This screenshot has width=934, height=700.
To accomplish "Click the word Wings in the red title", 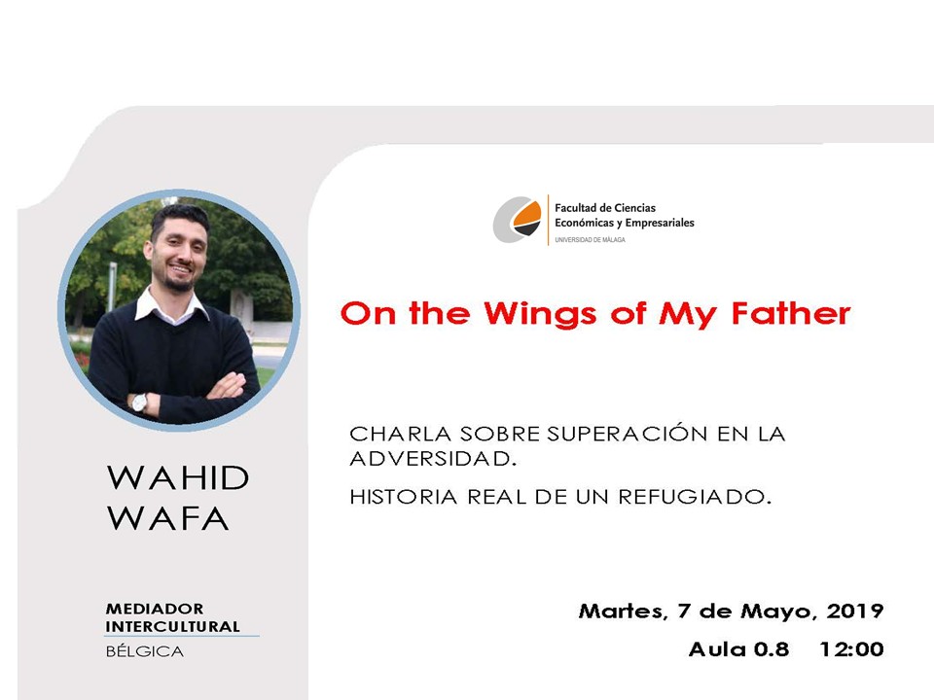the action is [x=540, y=314].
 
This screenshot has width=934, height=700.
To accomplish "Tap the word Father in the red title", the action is [x=791, y=313].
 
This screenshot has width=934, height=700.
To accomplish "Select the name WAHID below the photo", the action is [x=177, y=477].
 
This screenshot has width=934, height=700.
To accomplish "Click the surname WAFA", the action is [x=168, y=518].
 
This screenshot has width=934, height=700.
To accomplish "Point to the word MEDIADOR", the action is [x=155, y=609].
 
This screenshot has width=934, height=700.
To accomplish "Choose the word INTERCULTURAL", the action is [x=173, y=626].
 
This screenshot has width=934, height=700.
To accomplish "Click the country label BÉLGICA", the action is [x=145, y=651].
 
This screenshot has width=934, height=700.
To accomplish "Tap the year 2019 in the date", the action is [x=855, y=611].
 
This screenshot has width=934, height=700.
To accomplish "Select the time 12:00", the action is [x=852, y=648].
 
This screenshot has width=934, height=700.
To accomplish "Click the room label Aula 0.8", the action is [x=739, y=648].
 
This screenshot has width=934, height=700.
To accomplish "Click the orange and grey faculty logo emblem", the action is [x=517, y=219].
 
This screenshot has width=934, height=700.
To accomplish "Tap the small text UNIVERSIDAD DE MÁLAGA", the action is [x=590, y=240].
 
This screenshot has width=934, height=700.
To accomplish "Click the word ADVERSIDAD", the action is [x=432, y=458].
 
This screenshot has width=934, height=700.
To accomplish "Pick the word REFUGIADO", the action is [x=695, y=497].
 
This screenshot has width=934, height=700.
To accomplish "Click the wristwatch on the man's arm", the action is [x=139, y=402].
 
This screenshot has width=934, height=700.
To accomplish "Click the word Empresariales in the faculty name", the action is [x=660, y=224].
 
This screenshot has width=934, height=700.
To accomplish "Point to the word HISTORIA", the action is [x=403, y=497].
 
